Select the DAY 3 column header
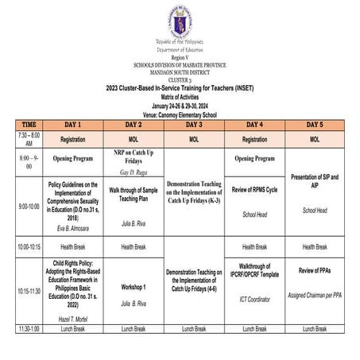(195, 125)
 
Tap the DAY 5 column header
(315, 125)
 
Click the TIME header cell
(28, 125)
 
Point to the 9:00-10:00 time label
(28, 206)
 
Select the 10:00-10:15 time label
(28, 247)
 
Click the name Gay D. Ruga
(134, 171)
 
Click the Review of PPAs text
(315, 271)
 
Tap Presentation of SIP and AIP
(315, 180)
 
